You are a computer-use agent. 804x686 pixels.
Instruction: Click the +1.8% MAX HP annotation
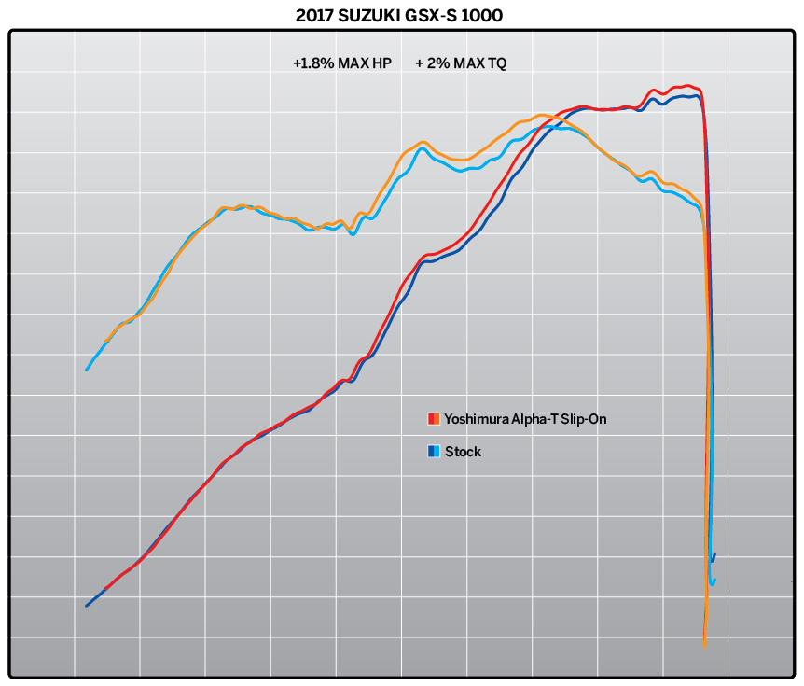pyautogui.click(x=341, y=63)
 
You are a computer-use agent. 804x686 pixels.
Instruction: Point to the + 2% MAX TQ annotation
pyautogui.click(x=461, y=63)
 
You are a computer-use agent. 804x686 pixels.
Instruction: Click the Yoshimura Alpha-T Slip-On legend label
pyautogui.click(x=526, y=418)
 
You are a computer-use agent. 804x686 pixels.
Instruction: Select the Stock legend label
pyautogui.click(x=463, y=452)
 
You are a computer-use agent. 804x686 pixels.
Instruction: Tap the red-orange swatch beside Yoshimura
pyautogui.click(x=433, y=418)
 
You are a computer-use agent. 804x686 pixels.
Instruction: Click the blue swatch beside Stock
pyautogui.click(x=433, y=452)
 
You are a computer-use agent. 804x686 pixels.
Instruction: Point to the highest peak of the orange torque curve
pyautogui.click(x=545, y=116)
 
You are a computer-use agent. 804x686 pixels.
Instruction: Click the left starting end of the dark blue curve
pyautogui.click(x=87, y=606)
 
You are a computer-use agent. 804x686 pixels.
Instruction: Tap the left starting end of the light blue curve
pyautogui.click(x=87, y=370)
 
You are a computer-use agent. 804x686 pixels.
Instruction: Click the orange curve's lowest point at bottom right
pyautogui.click(x=704, y=644)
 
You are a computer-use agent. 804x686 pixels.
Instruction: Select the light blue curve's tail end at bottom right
pyautogui.click(x=714, y=581)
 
